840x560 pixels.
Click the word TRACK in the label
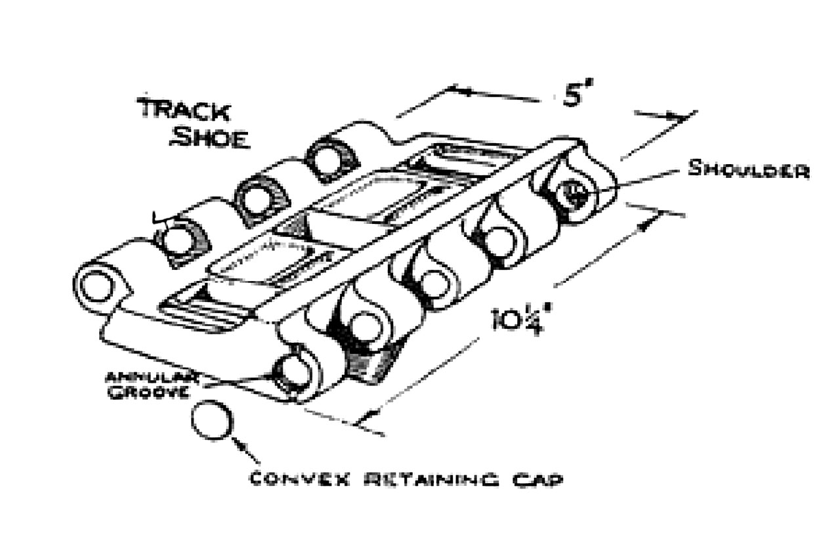pos(184,110)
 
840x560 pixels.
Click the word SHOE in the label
pos(209,139)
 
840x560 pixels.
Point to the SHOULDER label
pos(748,169)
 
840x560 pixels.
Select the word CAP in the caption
pos(541,479)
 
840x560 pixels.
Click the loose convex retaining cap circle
pos(212,421)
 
